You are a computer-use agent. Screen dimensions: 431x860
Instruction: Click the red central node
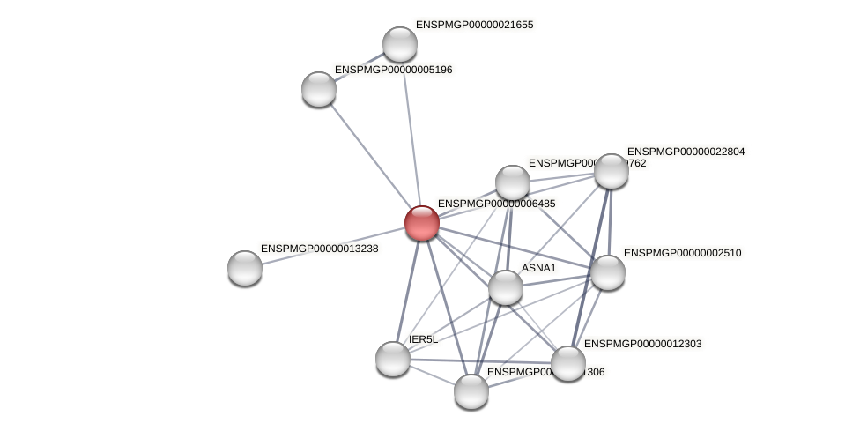tap(422, 223)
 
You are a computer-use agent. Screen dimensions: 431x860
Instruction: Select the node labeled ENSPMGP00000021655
tap(400, 44)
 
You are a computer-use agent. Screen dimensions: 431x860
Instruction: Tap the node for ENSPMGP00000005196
tap(319, 89)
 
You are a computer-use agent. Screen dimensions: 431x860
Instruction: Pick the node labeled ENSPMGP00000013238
tap(245, 268)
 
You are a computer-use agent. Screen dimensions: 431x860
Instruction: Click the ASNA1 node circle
tap(506, 287)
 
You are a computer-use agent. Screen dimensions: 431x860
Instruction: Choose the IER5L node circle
tap(393, 359)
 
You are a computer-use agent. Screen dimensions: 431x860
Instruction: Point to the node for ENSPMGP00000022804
tap(612, 171)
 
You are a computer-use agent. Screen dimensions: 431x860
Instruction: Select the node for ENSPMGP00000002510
tap(608, 272)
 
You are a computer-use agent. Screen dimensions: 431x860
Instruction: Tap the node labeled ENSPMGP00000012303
tap(568, 363)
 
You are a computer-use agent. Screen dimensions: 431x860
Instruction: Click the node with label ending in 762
tap(513, 182)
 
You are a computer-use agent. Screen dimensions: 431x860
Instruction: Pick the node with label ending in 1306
tap(471, 391)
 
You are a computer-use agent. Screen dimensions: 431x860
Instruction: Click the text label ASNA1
tap(538, 268)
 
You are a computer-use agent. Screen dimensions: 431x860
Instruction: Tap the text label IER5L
tap(423, 339)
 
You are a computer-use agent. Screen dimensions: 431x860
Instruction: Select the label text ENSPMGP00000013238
tap(319, 249)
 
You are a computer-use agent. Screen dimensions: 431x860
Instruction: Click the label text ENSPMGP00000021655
tap(474, 25)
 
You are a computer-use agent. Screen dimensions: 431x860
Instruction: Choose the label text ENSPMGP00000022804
tap(686, 152)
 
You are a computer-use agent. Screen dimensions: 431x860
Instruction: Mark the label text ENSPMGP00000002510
tap(682, 253)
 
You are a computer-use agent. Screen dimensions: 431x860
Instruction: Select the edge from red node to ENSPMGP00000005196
tap(370, 155)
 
